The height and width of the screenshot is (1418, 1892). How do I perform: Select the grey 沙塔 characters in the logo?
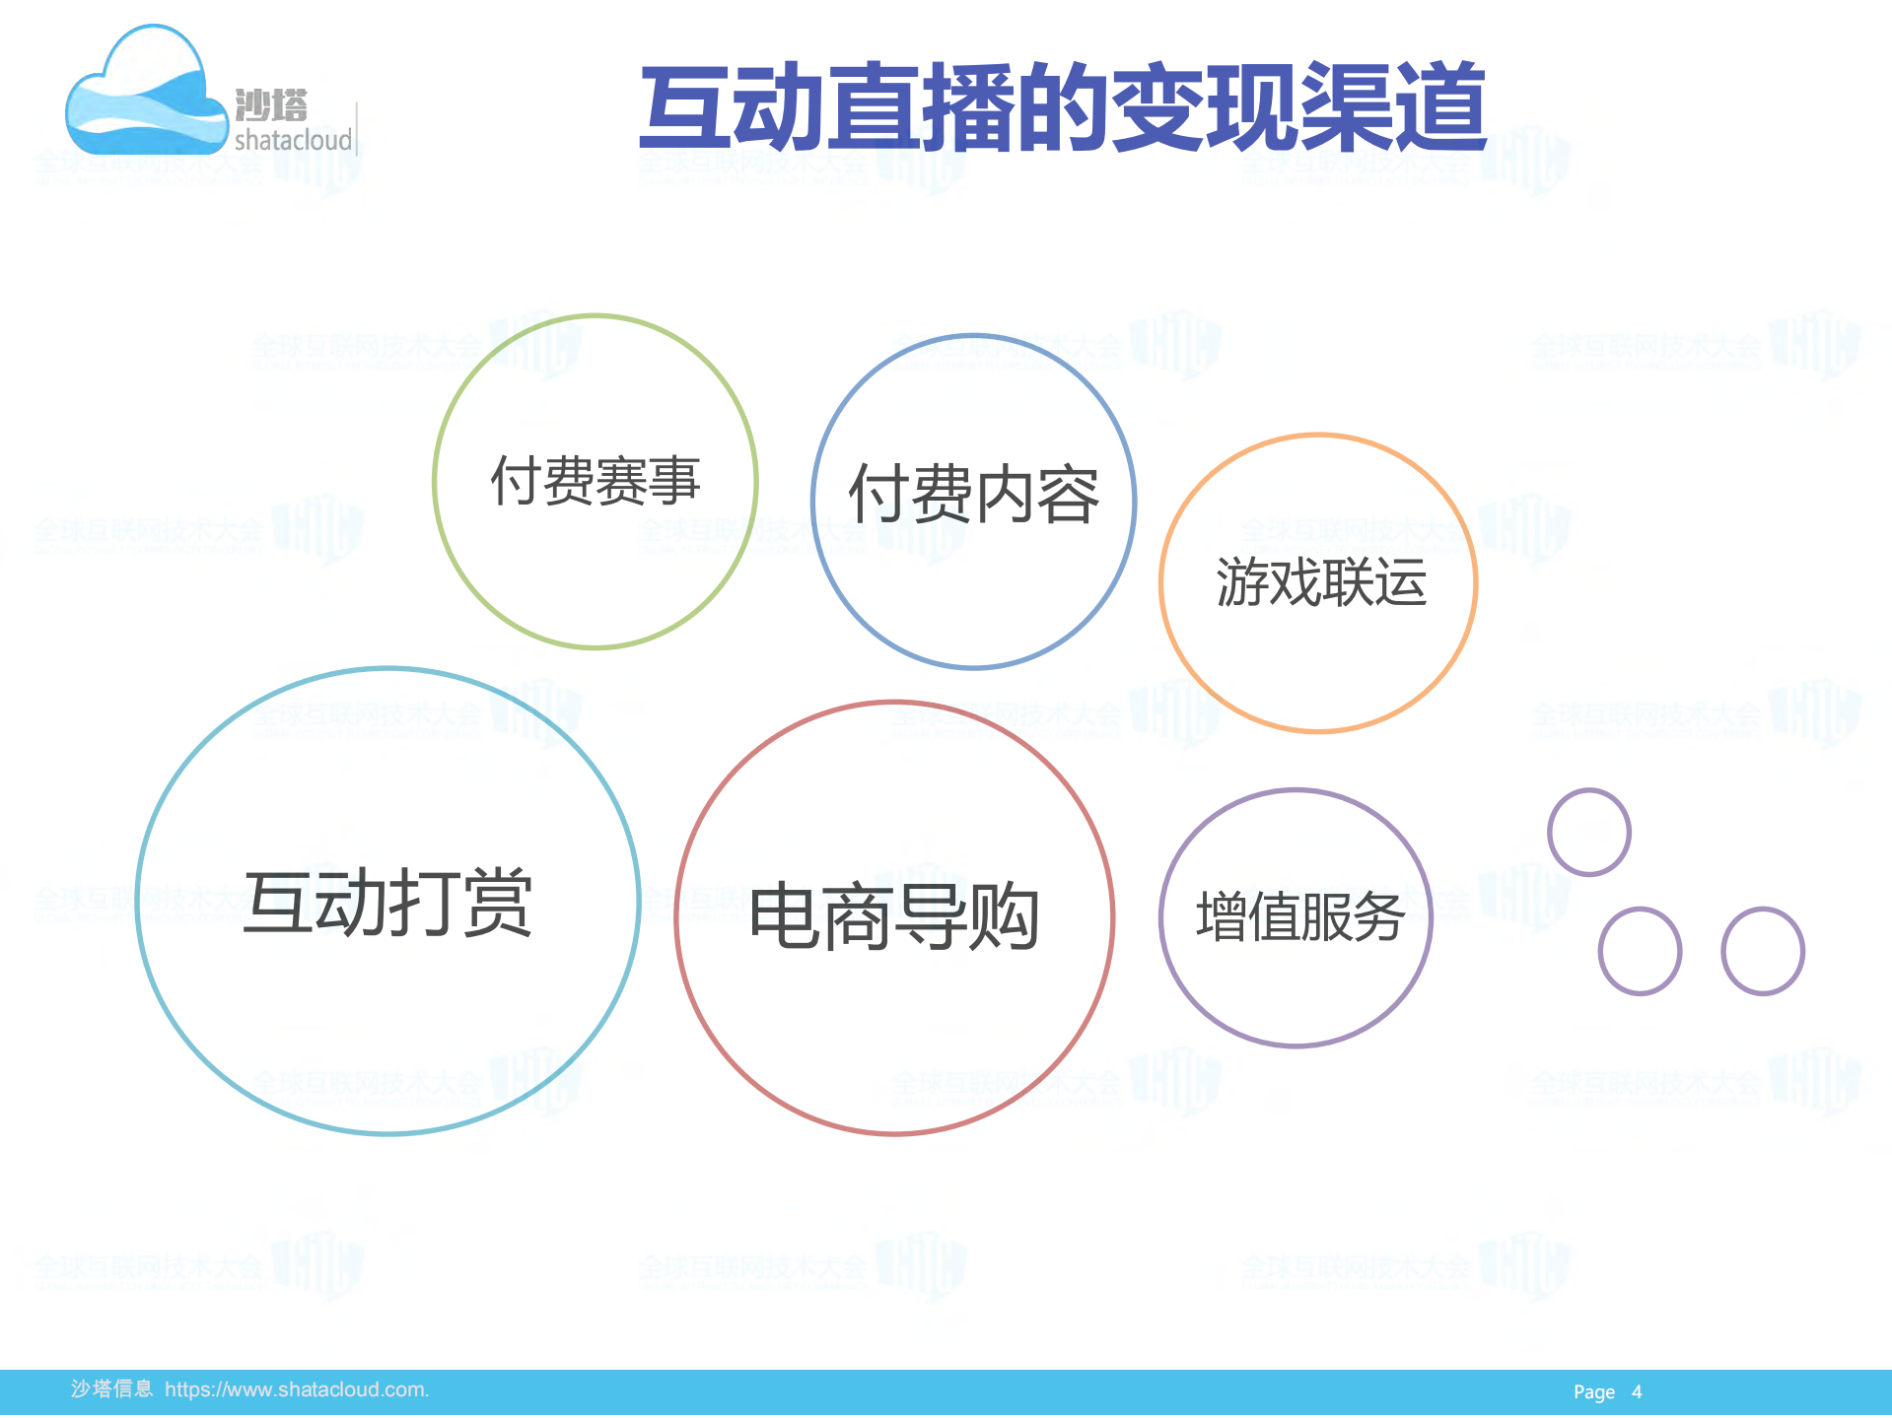pyautogui.click(x=271, y=104)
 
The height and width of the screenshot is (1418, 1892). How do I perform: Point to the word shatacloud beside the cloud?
pyautogui.click(x=293, y=140)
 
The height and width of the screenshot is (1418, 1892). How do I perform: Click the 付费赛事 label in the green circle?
pyautogui.click(x=596, y=481)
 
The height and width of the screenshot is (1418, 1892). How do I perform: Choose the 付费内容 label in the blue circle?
pyautogui.click(x=973, y=495)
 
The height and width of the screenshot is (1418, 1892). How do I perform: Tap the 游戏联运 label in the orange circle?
pyautogui.click(x=1320, y=581)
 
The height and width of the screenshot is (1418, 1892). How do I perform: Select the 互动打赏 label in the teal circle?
pyautogui.click(x=387, y=903)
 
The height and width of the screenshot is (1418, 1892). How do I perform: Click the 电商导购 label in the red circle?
pyautogui.click(x=894, y=917)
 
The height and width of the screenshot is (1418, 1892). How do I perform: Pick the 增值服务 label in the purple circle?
pyautogui.click(x=1299, y=917)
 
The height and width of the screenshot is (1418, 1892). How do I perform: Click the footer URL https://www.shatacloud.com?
pyautogui.click(x=297, y=1389)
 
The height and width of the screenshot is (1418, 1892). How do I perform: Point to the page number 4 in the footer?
pyautogui.click(x=1637, y=1392)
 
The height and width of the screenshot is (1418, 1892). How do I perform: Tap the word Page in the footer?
pyautogui.click(x=1593, y=1392)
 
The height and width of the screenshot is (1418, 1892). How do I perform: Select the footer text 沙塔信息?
pyautogui.click(x=111, y=1389)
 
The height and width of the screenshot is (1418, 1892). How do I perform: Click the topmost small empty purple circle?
pyautogui.click(x=1588, y=832)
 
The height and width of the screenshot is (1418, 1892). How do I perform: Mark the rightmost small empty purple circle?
pyautogui.click(x=1762, y=951)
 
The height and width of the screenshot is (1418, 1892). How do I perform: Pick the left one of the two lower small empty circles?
pyautogui.click(x=1639, y=951)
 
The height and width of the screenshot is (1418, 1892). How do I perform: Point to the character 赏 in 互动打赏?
pyautogui.click(x=498, y=903)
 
